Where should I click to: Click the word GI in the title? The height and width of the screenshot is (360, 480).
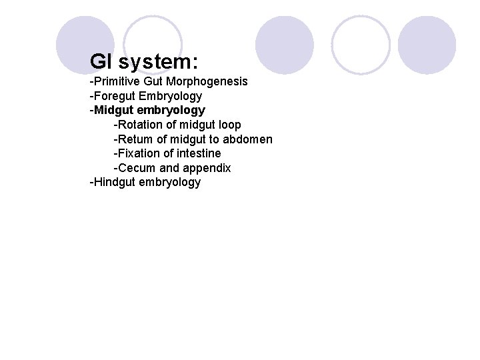point(101,62)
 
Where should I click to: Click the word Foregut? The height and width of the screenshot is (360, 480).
point(115,96)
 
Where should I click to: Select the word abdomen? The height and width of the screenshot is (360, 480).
point(249,139)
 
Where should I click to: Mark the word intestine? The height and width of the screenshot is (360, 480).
point(198,153)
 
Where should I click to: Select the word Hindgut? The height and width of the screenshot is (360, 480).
point(114,182)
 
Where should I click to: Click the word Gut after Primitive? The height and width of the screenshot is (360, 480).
point(154,81)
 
